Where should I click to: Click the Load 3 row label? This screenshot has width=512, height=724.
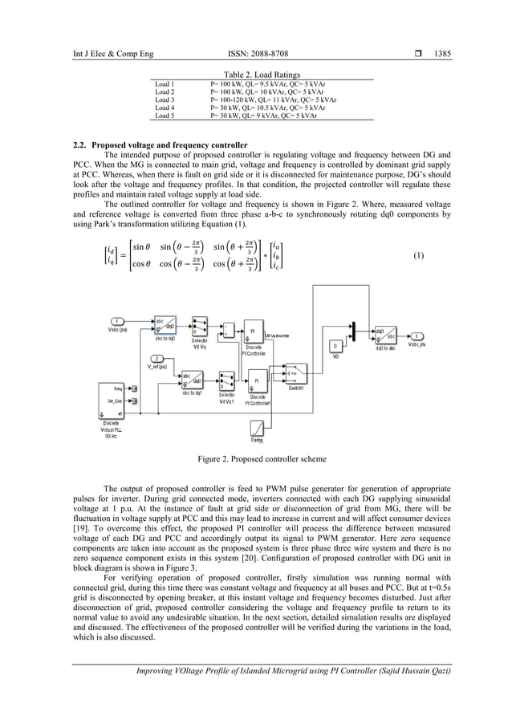[165, 100]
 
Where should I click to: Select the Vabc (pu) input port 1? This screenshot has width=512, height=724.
[117, 321]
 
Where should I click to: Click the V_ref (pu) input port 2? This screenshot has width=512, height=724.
[156, 358]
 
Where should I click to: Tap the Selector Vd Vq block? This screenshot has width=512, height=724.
[201, 331]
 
